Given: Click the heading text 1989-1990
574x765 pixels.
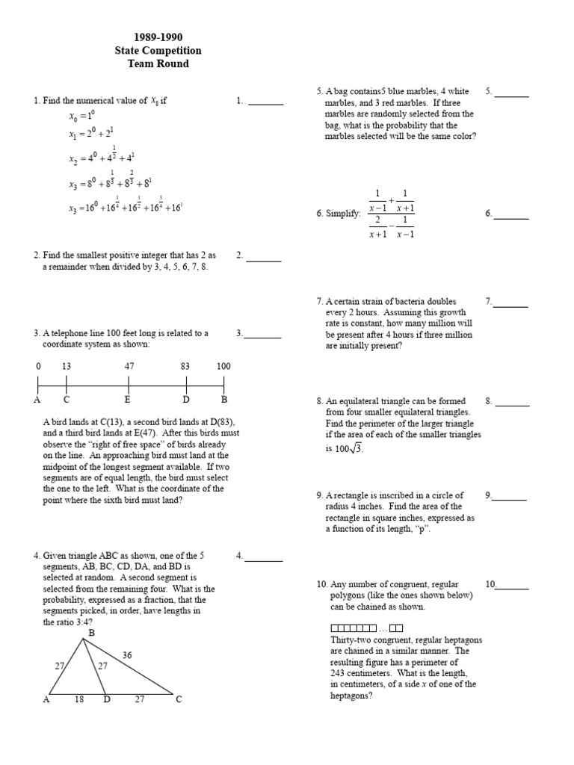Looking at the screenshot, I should pyautogui.click(x=158, y=37).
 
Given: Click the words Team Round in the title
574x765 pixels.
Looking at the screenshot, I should pyautogui.click(x=158, y=64).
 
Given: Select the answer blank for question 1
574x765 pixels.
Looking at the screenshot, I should pyautogui.click(x=265, y=103).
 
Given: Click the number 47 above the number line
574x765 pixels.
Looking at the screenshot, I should pyautogui.click(x=128, y=366).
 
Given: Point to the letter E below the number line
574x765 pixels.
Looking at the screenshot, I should pyautogui.click(x=128, y=400).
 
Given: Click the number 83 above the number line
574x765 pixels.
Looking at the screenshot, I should pyautogui.click(x=186, y=366).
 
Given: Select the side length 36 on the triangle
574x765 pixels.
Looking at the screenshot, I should pyautogui.click(x=127, y=654).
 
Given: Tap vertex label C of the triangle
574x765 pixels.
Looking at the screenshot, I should pyautogui.click(x=179, y=699).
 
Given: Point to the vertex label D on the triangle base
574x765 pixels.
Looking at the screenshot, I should pyautogui.click(x=107, y=699).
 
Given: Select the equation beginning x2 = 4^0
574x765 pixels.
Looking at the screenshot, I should pyautogui.click(x=101, y=156).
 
